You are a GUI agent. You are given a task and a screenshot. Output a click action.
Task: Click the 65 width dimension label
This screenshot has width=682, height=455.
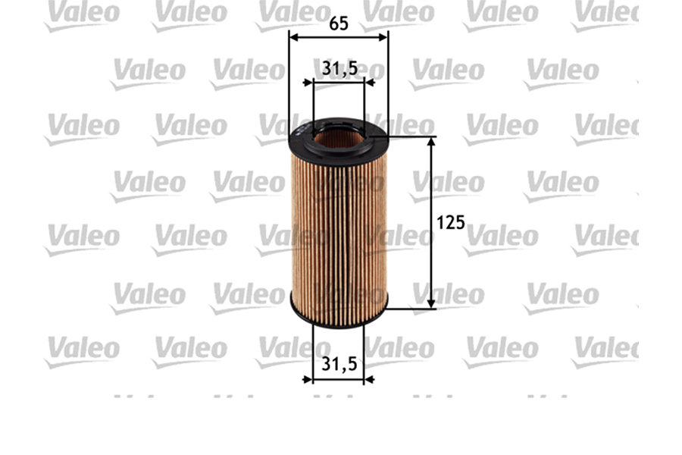pos(339,24)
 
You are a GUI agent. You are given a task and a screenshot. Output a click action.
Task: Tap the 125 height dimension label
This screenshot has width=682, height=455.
pos(451,223)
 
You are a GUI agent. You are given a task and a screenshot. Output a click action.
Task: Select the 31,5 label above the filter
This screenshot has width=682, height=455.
pos(339,69)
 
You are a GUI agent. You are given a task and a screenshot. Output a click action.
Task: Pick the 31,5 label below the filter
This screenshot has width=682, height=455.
pos(339,364)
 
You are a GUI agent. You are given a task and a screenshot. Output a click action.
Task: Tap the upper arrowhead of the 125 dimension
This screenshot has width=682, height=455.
pos(432,143)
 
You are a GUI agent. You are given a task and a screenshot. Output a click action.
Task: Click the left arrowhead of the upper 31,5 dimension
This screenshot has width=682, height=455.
pos(308,83)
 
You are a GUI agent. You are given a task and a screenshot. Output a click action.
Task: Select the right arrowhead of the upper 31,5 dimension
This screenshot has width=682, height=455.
pos(369,83)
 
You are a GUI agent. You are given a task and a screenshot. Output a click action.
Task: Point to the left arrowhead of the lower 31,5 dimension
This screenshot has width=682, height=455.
pos(308,378)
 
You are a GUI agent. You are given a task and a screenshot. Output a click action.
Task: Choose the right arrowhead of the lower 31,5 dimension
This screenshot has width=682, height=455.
pos(369,378)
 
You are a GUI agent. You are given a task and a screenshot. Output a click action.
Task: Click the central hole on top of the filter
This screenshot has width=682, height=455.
pos(338,137)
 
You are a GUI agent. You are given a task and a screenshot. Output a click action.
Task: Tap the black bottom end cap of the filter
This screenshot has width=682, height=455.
pos(339,317)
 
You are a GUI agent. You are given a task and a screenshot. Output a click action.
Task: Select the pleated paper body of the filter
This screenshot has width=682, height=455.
pos(339,227)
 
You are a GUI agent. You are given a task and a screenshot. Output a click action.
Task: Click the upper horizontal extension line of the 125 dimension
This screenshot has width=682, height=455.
pos(413,137)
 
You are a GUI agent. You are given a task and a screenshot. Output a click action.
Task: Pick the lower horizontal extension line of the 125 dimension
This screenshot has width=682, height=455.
pos(413,308)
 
